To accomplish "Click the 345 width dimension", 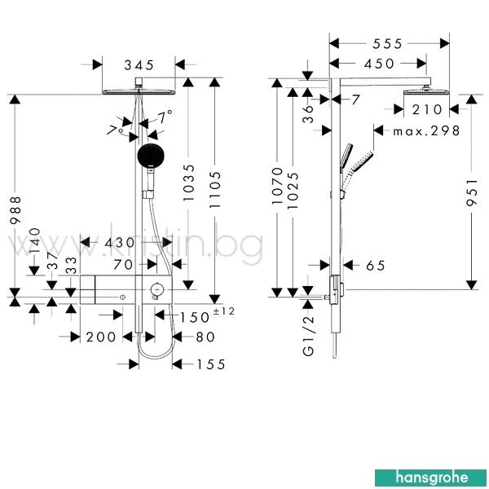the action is pos(139,65).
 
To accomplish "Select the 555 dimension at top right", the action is pos(387,44).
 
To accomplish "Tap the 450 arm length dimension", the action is pos(379,64).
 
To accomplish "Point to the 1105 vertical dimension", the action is pos(215,190).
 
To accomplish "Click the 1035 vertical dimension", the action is pos(188,183).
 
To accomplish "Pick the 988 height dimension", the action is pos(15,210).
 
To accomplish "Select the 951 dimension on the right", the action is pos(472,192).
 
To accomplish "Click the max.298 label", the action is pos(426,131).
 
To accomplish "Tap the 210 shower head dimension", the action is pos(426,110).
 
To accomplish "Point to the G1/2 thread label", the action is pos(308,336).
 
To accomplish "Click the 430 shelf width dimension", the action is pos(120,242).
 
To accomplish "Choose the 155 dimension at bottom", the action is pos(211,364).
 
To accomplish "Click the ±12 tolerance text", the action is pos(223,311).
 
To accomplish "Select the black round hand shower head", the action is pos(151,156).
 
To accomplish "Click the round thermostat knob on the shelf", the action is pos(156,290).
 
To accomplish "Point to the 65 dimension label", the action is pos(376,266).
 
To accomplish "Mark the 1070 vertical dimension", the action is pos(277,186).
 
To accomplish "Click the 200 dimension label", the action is pos(101,337).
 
